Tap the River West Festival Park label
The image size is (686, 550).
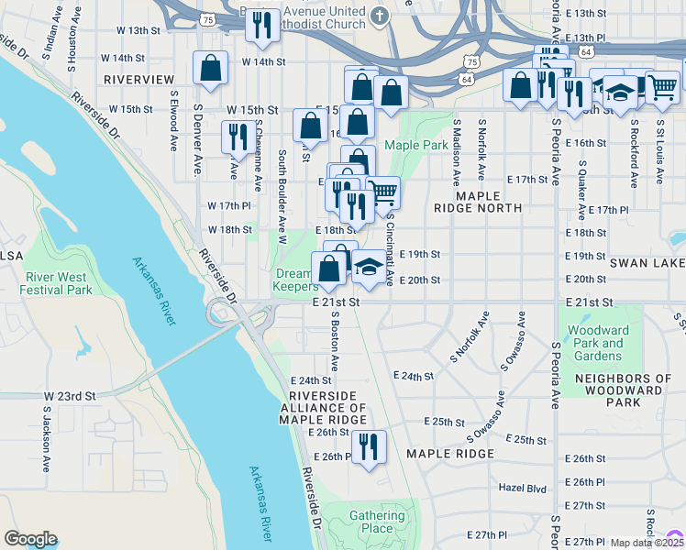60,283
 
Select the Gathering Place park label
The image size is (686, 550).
377,522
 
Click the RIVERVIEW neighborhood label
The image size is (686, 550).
138,81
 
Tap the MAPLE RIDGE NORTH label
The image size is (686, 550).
489,202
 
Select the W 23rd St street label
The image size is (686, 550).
70,396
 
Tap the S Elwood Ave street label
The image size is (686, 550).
172,119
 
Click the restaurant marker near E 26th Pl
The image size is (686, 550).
369,447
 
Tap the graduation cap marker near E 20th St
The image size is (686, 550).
369,267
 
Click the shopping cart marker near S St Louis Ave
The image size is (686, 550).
662,88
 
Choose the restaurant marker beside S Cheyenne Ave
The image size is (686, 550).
238,137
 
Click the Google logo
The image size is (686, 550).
30,539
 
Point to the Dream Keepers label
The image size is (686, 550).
294,280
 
